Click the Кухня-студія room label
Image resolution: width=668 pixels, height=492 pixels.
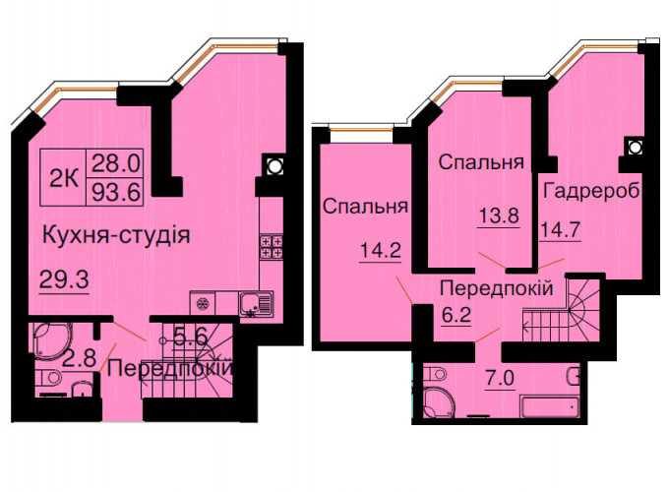[116, 235]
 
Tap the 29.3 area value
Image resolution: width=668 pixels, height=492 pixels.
[64, 279]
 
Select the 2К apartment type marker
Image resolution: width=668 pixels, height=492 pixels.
[64, 179]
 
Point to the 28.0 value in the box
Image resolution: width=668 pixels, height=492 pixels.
[116, 163]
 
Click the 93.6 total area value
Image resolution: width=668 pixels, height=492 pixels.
[116, 194]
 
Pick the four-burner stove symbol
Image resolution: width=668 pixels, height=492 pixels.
[272, 247]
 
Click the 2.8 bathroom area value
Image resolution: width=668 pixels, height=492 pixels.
[79, 358]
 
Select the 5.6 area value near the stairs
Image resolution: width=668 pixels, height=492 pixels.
[190, 338]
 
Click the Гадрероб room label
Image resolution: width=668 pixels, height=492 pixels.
[592, 191]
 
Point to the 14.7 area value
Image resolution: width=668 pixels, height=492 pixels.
[560, 230]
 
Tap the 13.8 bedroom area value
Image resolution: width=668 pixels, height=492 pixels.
[499, 215]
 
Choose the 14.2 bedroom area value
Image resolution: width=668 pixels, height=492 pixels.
[381, 250]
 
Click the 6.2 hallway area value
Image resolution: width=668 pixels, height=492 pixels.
[455, 315]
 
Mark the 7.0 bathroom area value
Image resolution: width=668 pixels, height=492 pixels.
[500, 378]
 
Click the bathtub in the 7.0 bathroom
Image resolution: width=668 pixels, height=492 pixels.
[550, 406]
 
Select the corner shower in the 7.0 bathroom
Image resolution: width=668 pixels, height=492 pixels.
[436, 402]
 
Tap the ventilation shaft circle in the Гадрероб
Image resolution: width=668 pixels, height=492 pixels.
[635, 148]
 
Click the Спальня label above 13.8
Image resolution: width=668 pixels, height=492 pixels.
[481, 162]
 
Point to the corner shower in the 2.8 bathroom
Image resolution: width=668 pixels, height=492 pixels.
[52, 339]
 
